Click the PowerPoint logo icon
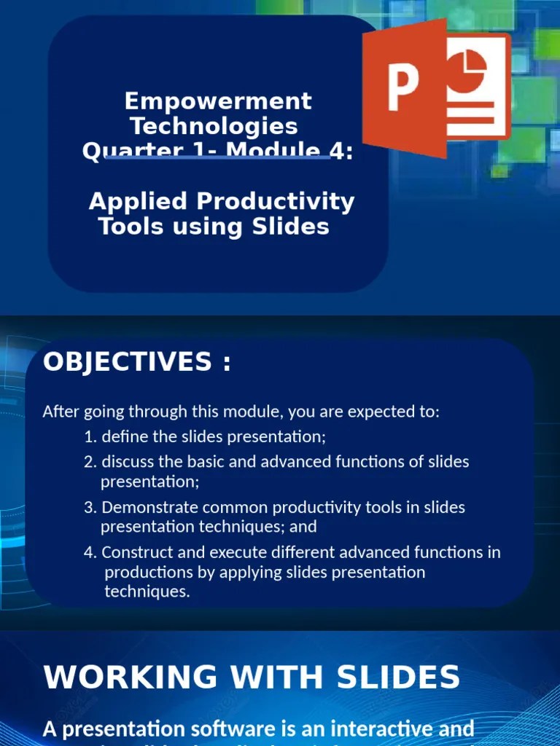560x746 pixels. pos(436,87)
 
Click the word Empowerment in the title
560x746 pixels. pos(218,101)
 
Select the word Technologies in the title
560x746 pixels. pos(214,126)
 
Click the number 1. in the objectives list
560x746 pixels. pos(90,437)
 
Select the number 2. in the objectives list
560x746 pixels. pos(90,462)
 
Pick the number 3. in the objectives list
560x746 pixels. pos(90,507)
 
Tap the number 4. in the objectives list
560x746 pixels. pos(90,552)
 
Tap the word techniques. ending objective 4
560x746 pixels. pos(147,592)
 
